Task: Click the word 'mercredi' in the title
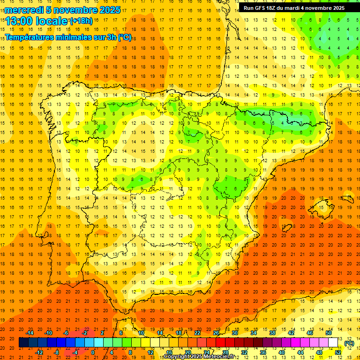point(24,10)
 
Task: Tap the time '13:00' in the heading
point(19,22)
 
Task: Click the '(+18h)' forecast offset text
point(81,21)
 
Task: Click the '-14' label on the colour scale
point(30,333)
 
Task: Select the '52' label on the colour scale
point(338,352)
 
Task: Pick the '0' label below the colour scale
point(92,352)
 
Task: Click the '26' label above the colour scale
point(216,333)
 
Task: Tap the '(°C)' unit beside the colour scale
point(349,343)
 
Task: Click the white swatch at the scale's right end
point(333,343)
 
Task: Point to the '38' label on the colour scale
point(272,333)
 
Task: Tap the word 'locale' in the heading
point(51,22)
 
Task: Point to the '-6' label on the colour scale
point(67,333)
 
